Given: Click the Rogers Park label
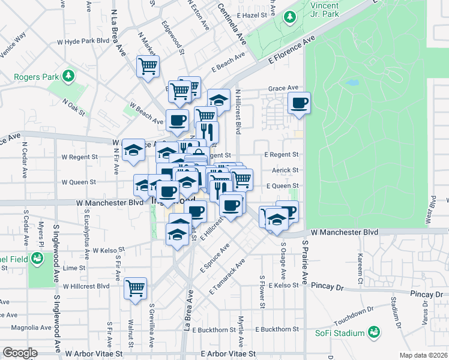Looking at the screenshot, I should coord(36,77).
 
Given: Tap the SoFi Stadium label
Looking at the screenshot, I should coord(340,333).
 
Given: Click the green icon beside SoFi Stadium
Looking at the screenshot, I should coord(374,332).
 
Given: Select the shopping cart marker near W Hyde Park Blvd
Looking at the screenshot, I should coord(148,66).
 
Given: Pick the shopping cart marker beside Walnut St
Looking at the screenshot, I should coord(136,288).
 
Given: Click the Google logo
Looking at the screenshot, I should coord(20,353).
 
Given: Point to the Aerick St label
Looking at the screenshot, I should coord(285,170).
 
